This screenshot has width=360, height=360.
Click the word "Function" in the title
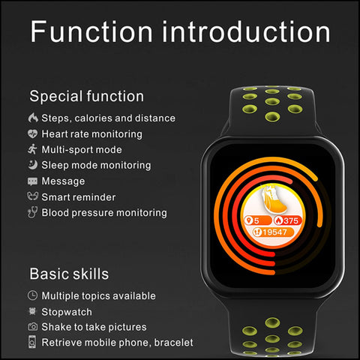[91, 31]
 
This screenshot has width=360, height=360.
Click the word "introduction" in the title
[246, 31]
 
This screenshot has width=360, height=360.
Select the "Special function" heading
[87, 97]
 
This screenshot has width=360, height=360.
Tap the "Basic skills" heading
[69, 274]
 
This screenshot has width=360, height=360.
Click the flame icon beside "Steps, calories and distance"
[33, 118]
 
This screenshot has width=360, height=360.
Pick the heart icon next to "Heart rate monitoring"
[32, 133]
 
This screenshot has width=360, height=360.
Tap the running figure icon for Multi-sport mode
[32, 149]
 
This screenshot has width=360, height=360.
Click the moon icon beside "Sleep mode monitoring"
[32, 165]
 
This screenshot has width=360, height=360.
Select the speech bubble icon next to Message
[32, 181]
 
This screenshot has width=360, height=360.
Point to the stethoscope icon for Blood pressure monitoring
[32, 212]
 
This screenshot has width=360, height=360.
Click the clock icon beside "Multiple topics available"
[32, 295]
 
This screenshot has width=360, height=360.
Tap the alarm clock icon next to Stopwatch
[32, 311]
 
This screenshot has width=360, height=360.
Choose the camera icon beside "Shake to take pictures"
[32, 327]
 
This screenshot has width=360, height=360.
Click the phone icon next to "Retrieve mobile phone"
[32, 342]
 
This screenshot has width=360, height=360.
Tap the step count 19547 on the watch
[274, 232]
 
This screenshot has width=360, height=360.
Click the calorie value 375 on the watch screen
[291, 220]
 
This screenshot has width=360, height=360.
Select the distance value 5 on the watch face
[256, 220]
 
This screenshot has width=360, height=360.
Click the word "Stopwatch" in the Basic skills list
[67, 312]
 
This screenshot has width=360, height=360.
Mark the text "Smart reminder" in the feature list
[79, 197]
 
